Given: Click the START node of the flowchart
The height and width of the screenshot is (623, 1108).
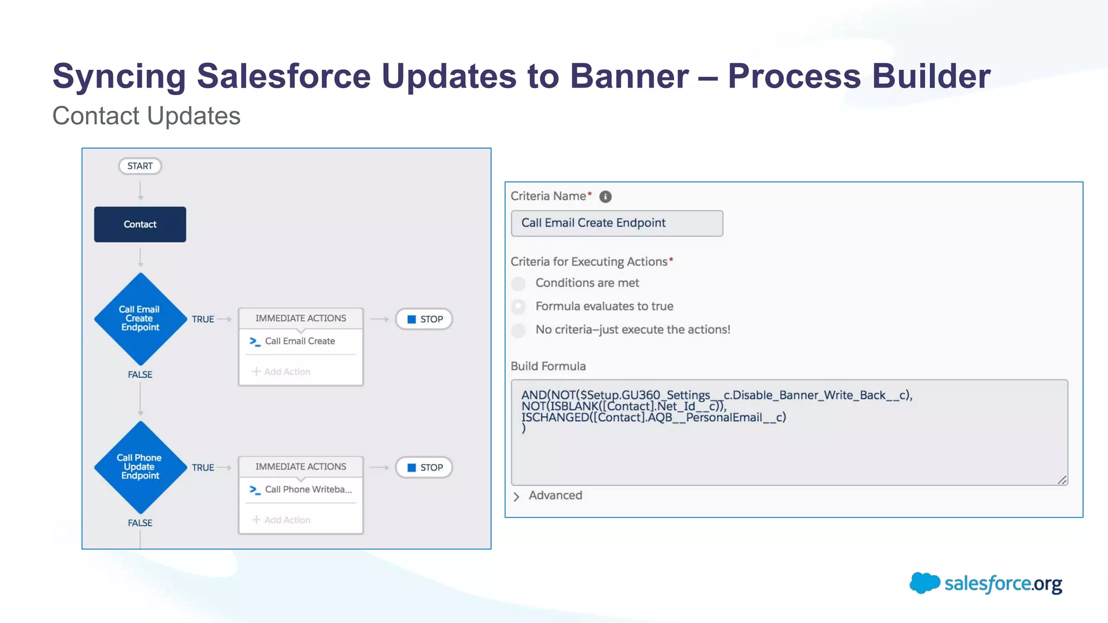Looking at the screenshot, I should click(140, 166).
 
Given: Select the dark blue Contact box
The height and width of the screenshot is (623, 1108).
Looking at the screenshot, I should click(140, 224).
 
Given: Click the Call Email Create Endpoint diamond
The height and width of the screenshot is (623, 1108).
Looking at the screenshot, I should click(140, 319).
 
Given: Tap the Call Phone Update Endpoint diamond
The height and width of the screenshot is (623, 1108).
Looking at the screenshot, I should click(140, 467).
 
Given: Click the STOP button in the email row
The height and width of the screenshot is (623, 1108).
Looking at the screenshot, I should click(424, 319).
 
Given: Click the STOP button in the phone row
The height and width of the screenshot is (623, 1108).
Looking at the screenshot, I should click(424, 467).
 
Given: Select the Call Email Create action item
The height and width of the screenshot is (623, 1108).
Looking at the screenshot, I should click(300, 341).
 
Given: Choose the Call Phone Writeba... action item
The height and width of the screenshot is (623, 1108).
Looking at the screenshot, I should click(307, 489).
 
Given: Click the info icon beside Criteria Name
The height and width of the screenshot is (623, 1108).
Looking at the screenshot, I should click(605, 197).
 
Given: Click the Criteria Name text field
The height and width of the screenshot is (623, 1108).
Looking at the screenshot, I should click(617, 223).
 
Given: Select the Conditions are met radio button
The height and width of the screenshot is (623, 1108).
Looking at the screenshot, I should click(518, 283).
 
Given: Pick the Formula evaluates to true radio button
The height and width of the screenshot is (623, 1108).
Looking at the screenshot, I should click(518, 307).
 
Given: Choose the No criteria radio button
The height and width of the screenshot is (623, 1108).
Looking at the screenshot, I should click(518, 330).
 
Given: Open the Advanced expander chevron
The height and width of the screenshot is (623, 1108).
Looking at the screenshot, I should click(516, 496).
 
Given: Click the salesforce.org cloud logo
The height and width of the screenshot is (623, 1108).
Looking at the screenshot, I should click(925, 583).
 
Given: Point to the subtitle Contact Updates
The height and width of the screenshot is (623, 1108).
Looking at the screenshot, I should click(146, 116).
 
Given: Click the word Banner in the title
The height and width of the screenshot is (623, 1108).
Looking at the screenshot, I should click(629, 76).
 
